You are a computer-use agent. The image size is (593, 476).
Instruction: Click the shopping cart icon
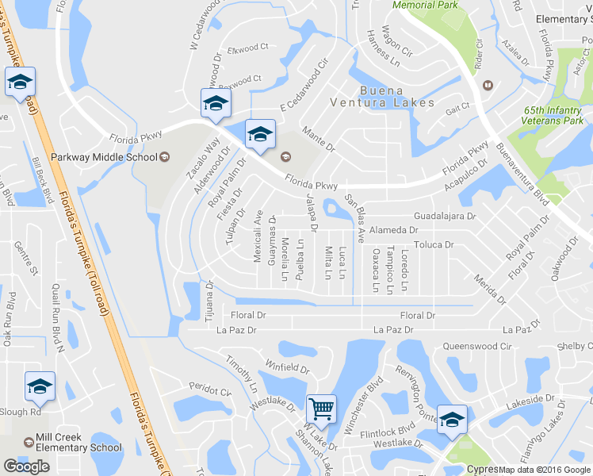coord(321,409)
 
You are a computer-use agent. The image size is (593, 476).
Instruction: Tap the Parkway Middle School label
coord(104,156)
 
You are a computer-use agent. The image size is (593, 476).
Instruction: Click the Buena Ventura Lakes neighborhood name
coord(385,96)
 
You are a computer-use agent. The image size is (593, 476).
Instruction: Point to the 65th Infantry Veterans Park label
coord(553,116)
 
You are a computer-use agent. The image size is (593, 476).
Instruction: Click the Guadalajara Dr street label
coord(444,216)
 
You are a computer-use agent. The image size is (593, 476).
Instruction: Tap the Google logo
coord(26,466)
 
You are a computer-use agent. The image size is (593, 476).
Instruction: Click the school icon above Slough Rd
coord(40,386)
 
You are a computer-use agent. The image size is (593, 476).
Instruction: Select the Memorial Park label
coord(426,5)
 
